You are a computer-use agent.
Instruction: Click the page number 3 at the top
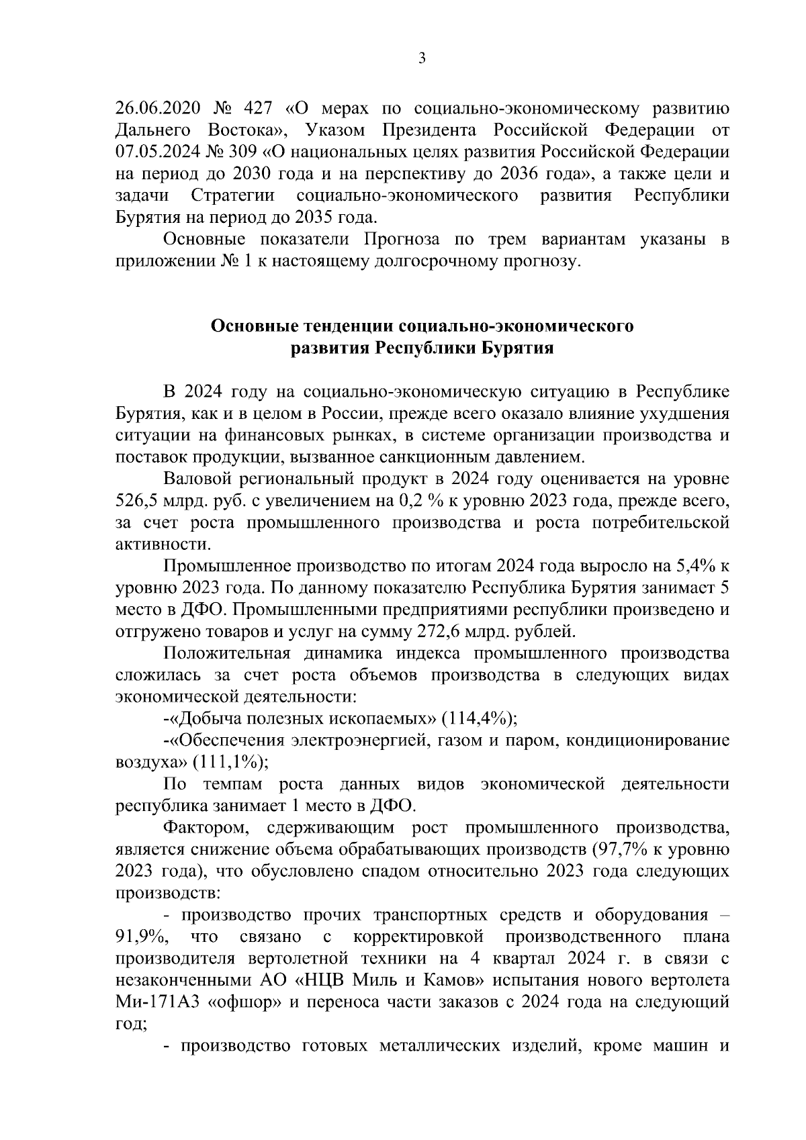[x=422, y=59]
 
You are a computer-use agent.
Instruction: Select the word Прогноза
[x=402, y=240]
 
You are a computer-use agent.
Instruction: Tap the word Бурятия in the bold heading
[x=516, y=348]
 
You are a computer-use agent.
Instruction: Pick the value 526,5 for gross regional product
[x=137, y=501]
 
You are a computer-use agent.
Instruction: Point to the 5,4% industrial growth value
[x=699, y=566]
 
